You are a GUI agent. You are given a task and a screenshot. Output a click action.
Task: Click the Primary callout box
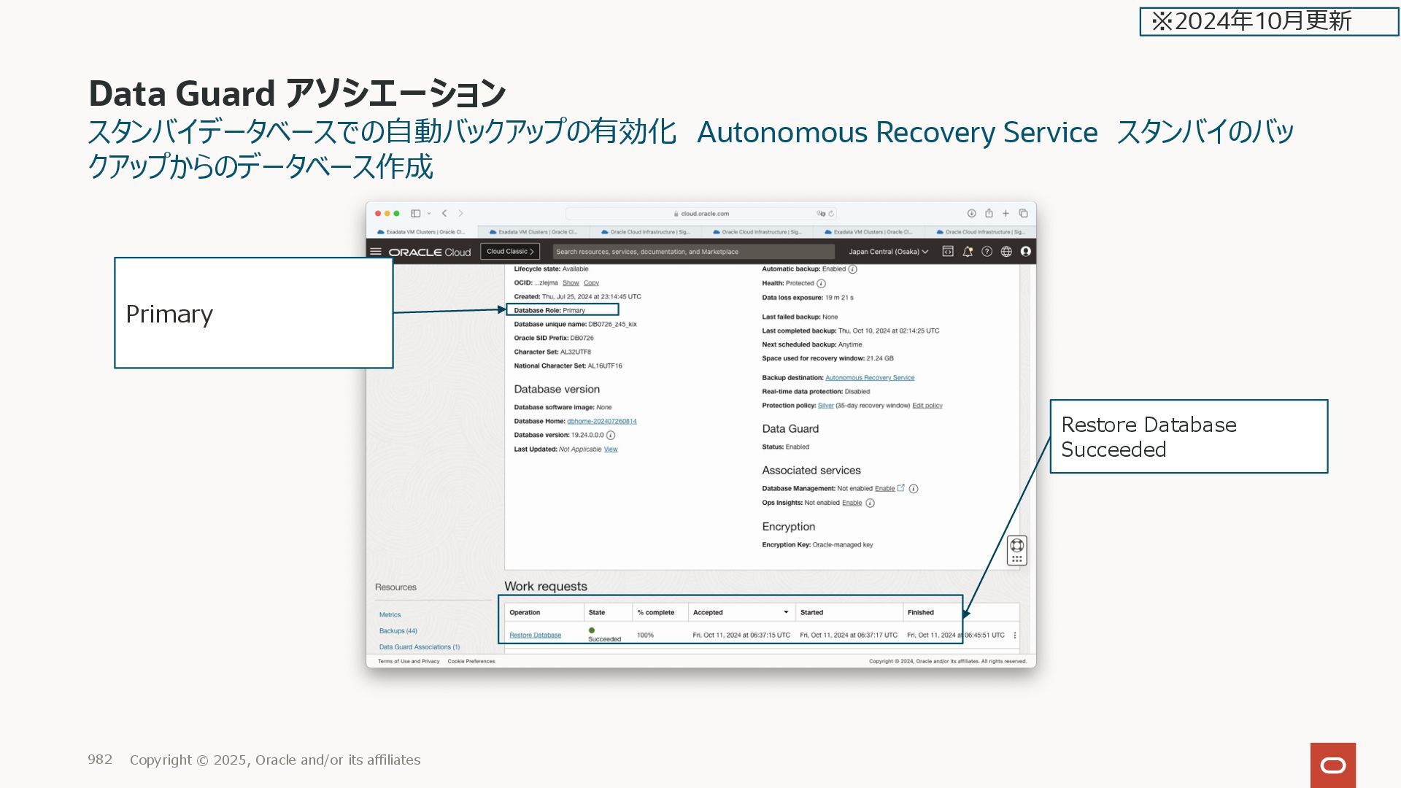253,312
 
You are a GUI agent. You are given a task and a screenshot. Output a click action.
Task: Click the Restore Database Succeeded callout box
1188,436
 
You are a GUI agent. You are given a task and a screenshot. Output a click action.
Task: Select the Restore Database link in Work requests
535,636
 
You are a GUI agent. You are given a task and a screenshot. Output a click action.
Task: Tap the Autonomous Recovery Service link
869,378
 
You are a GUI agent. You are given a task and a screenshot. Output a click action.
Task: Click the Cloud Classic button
510,252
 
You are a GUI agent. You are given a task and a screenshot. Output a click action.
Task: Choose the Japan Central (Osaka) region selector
888,252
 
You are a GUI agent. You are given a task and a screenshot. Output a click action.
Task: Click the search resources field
693,252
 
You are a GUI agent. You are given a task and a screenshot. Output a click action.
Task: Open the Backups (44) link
398,631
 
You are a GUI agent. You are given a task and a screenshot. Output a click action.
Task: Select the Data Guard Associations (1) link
419,647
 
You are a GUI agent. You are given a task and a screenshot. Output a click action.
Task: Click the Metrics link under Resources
390,615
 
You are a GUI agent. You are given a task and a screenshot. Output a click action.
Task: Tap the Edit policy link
927,406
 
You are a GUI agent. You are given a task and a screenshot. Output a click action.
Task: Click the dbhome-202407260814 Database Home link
601,421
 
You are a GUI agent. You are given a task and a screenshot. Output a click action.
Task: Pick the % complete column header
655,613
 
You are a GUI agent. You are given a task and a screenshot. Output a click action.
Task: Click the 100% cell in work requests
645,636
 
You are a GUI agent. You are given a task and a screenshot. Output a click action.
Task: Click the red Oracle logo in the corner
1332,765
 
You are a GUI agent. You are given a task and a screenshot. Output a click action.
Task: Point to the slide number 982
100,760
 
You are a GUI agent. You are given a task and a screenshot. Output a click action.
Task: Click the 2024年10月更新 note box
1268,21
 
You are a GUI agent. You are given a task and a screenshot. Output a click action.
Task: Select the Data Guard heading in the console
790,429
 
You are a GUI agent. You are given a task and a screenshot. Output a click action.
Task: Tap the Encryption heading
788,527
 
